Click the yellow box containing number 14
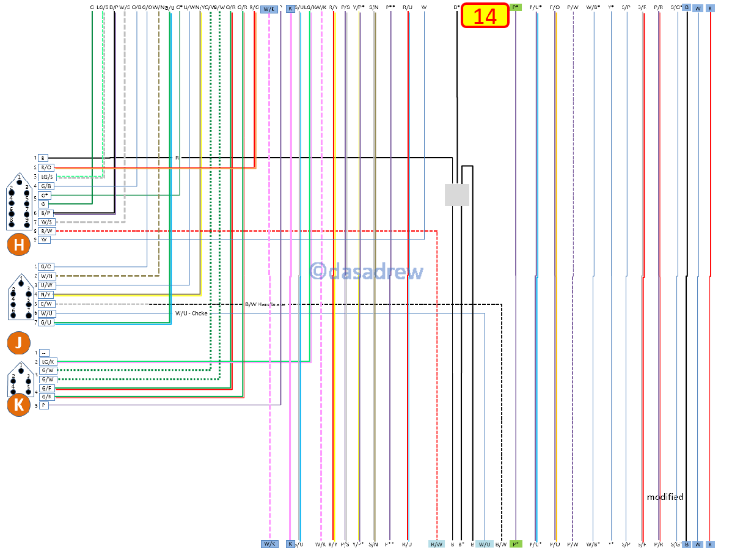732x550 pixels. click(x=485, y=16)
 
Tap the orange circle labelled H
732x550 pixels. click(x=19, y=245)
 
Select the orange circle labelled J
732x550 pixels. click(x=19, y=343)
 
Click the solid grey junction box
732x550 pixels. click(x=456, y=194)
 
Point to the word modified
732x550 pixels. click(x=665, y=497)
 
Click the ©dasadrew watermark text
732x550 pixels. click(x=366, y=271)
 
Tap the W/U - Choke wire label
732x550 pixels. click(x=191, y=313)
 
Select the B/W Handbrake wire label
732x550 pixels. click(x=265, y=304)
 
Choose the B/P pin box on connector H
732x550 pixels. click(x=46, y=213)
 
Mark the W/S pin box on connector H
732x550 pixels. click(x=46, y=222)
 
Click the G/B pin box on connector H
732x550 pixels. click(x=46, y=186)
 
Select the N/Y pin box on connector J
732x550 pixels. click(x=46, y=295)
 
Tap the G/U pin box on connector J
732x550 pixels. click(x=46, y=322)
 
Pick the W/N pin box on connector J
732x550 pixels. click(x=46, y=276)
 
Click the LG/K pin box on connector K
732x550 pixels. click(x=48, y=362)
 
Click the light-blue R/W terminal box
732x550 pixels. click(x=436, y=544)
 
